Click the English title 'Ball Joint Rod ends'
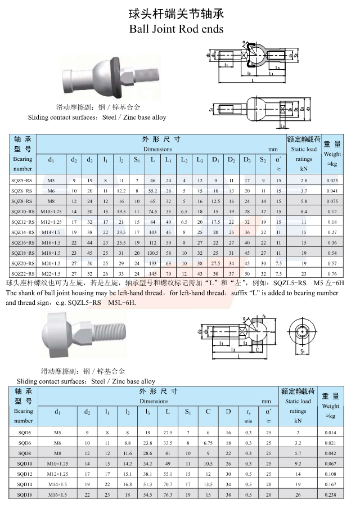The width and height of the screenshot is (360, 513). [x=176, y=28]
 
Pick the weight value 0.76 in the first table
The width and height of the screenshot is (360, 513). [x=332, y=273]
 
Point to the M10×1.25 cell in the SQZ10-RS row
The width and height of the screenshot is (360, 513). [x=51, y=211]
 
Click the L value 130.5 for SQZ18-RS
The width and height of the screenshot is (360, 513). [x=152, y=253]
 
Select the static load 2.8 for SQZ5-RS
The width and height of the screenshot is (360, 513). [x=304, y=181]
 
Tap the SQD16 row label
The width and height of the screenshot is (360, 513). [x=24, y=494]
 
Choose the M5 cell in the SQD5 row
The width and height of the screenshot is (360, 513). [x=57, y=433]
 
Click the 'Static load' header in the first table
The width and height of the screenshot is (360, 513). [x=304, y=150]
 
